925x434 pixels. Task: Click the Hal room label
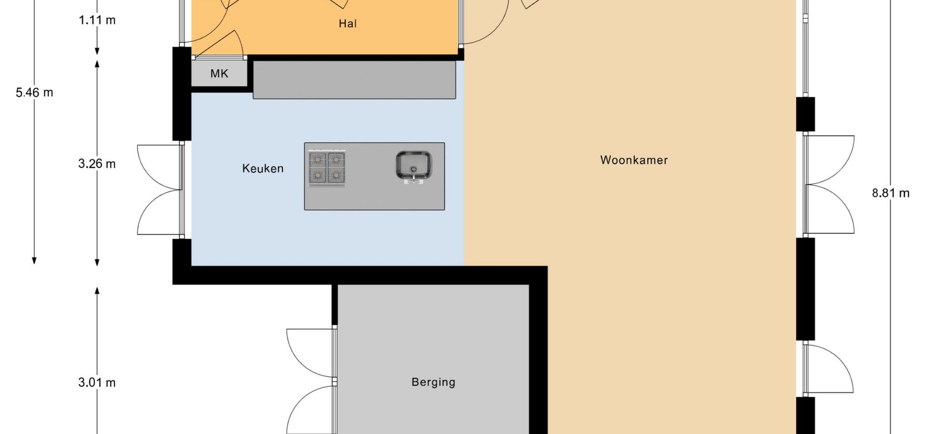click(347, 24)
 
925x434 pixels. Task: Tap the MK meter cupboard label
click(219, 74)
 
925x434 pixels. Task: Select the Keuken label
click(263, 168)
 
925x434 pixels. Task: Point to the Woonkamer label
click(634, 160)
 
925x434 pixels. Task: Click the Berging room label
click(433, 382)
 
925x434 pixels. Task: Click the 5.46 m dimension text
click(34, 93)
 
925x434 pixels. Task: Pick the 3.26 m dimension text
click(97, 164)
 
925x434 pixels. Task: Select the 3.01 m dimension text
click(97, 383)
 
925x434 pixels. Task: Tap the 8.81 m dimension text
click(891, 193)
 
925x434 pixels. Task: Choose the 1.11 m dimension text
click(97, 20)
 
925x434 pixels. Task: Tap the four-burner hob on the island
click(327, 168)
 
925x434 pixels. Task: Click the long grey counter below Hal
click(354, 80)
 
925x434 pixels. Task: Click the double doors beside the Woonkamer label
click(829, 185)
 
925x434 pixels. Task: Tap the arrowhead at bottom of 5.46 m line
click(34, 260)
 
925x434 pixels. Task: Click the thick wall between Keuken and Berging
click(360, 275)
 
